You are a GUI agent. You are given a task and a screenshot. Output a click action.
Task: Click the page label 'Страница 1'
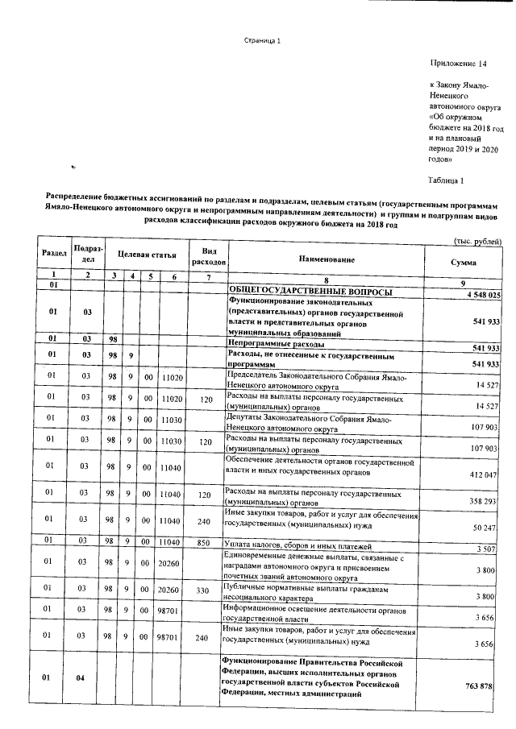pyautogui.click(x=262, y=42)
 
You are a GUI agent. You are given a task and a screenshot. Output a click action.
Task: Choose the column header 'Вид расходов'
pyautogui.click(x=207, y=255)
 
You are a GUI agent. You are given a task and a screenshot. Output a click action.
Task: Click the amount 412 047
pyautogui.click(x=486, y=475)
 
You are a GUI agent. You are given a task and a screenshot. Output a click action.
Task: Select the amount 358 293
pyautogui.click(x=486, y=500)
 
